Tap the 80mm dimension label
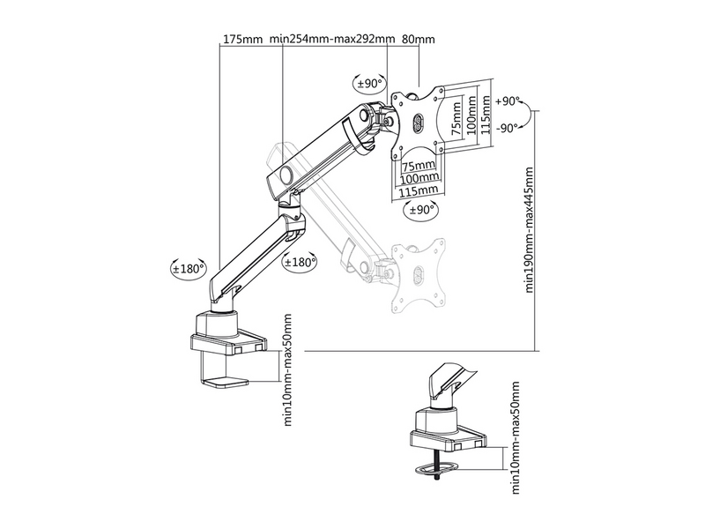418,40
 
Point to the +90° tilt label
509,101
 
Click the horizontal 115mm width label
419,190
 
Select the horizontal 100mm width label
419,178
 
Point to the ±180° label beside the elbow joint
301,262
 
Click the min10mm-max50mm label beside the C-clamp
287,369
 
